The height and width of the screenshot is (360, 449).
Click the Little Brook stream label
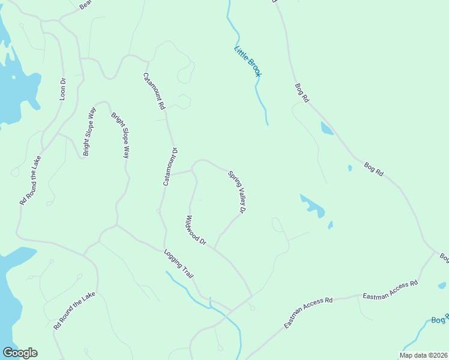point(247,61)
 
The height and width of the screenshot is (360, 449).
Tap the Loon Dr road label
point(62,88)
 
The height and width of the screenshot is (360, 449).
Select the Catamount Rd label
point(153,91)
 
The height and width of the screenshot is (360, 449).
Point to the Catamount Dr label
point(170,166)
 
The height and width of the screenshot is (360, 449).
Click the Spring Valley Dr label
point(238,192)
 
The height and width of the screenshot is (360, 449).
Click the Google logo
point(20,353)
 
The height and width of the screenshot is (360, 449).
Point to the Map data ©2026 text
point(423,355)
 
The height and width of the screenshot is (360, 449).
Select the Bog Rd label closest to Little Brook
point(301,93)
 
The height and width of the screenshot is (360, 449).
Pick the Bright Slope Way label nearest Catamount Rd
point(120,135)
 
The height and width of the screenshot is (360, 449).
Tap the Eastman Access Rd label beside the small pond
point(390,289)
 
